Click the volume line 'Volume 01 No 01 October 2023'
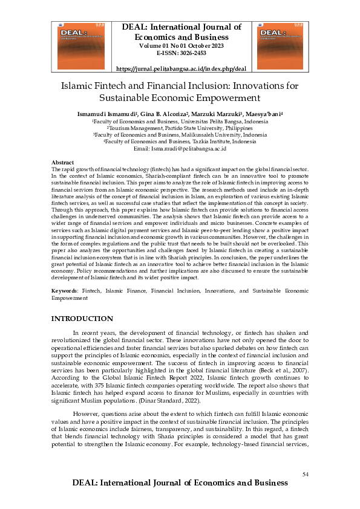click(x=181, y=45)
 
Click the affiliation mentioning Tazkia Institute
click(x=180, y=141)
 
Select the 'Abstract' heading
click(x=63, y=163)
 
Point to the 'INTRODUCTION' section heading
click(x=82, y=319)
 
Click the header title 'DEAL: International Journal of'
click(x=182, y=27)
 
